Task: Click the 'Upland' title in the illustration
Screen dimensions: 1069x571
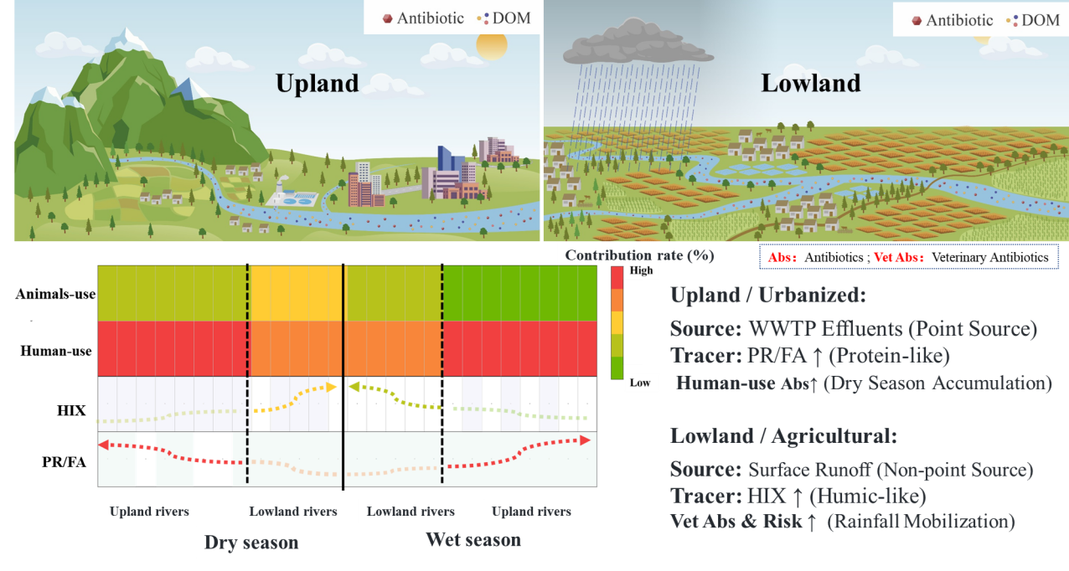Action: (x=317, y=84)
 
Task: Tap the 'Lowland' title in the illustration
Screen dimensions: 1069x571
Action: (x=811, y=84)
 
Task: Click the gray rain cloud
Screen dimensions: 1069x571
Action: (x=638, y=43)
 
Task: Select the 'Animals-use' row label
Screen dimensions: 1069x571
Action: (x=55, y=294)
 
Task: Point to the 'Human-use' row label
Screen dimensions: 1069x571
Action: (x=56, y=351)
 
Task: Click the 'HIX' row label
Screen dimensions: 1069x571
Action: (x=71, y=410)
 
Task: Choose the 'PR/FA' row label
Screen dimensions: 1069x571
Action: (x=64, y=462)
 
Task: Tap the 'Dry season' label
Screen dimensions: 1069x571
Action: (x=251, y=543)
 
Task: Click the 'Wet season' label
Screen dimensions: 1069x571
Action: (x=473, y=540)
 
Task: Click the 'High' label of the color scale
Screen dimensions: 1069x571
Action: (x=642, y=270)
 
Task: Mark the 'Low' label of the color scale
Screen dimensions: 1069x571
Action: (x=640, y=383)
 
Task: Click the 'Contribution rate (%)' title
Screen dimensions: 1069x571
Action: (x=639, y=255)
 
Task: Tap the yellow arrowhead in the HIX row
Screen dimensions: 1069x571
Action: (x=331, y=387)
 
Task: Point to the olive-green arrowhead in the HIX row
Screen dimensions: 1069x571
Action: (x=354, y=387)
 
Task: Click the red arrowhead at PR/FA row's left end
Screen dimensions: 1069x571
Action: (x=104, y=445)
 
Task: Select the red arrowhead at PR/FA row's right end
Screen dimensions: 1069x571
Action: (x=585, y=440)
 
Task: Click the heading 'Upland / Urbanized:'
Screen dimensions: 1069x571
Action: (x=768, y=296)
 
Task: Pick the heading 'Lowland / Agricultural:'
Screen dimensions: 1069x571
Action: (x=783, y=436)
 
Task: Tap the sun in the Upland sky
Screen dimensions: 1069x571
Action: (x=492, y=45)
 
